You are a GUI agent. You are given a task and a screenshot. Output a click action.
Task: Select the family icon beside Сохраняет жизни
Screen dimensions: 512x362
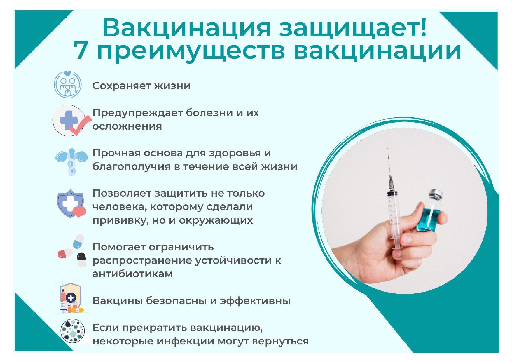[x=68, y=84]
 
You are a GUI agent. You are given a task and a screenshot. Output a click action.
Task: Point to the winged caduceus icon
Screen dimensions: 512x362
[x=71, y=162]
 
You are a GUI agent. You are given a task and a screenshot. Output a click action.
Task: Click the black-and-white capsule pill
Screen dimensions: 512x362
[x=82, y=260]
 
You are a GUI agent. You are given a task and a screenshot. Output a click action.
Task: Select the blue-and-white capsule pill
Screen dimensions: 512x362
[x=78, y=241]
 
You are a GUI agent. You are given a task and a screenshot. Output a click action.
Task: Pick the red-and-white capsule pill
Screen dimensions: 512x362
[x=65, y=253]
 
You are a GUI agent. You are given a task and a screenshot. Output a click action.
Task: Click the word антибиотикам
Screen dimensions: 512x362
[x=132, y=274]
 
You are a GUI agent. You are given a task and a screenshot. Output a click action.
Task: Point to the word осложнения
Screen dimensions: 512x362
[x=127, y=126]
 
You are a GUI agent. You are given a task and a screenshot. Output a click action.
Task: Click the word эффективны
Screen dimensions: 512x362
[x=255, y=301]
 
